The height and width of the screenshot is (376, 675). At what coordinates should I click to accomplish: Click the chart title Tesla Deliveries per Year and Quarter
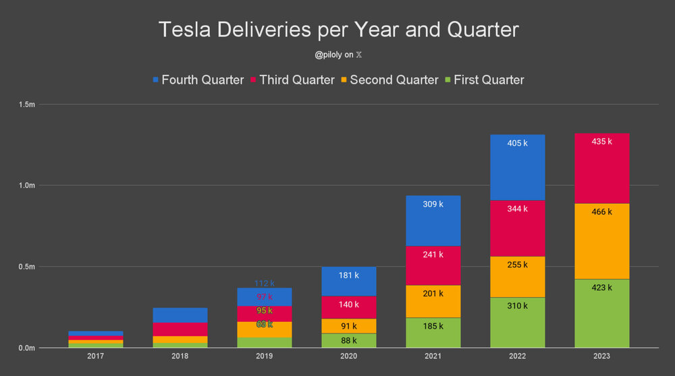(337, 30)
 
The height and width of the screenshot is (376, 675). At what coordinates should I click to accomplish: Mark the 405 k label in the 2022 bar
(516, 142)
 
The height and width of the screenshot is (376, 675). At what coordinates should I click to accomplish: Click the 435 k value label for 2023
(601, 142)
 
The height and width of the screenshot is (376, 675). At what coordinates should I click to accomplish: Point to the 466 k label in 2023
(601, 211)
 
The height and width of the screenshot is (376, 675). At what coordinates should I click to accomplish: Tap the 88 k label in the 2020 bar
(348, 340)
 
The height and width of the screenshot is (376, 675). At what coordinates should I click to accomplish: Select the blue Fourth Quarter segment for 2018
(180, 315)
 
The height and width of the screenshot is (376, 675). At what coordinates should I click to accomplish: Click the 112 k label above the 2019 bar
(264, 284)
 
